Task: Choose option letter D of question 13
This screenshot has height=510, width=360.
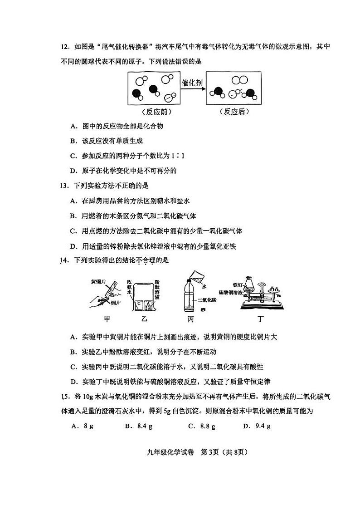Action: [x=73, y=246]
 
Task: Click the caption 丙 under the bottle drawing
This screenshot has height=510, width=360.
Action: [x=190, y=319]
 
